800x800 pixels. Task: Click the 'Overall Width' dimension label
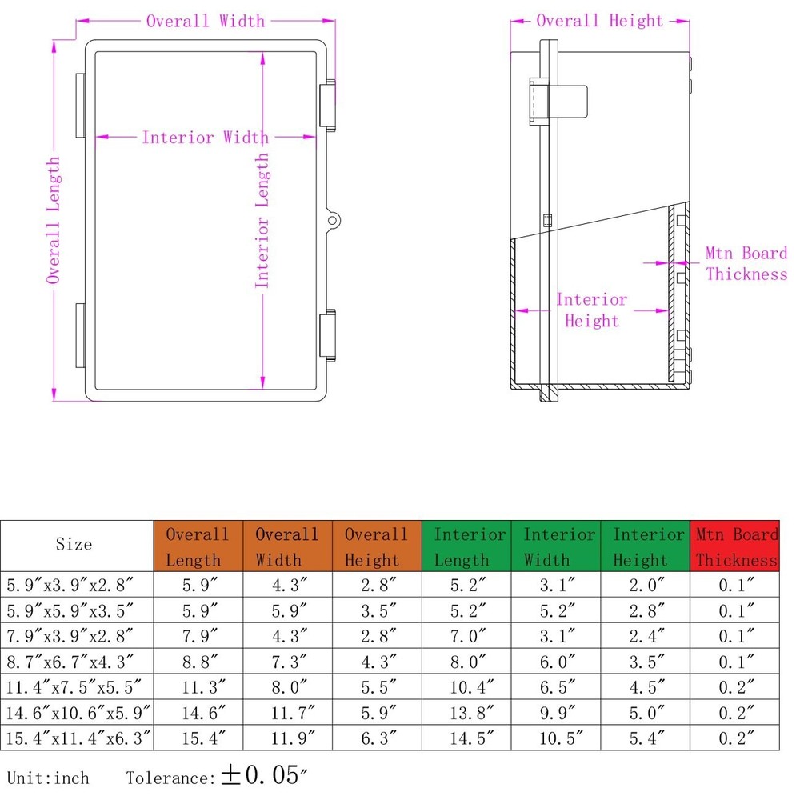[x=205, y=21]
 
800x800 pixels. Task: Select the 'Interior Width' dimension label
[x=205, y=138]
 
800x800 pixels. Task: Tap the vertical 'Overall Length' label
[x=54, y=220]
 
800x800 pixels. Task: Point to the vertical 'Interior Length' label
[x=262, y=220]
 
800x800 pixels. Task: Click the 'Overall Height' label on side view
[x=599, y=21]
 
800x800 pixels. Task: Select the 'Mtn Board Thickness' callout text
[x=746, y=264]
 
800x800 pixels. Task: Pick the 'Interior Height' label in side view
[x=592, y=310]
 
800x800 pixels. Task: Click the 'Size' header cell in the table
[x=74, y=545]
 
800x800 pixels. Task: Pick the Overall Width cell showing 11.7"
[x=287, y=712]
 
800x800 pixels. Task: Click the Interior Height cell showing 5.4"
[x=646, y=738]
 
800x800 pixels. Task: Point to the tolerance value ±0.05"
[x=264, y=776]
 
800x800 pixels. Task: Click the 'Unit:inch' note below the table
[x=48, y=778]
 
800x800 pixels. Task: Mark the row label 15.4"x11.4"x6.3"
[x=78, y=738]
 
